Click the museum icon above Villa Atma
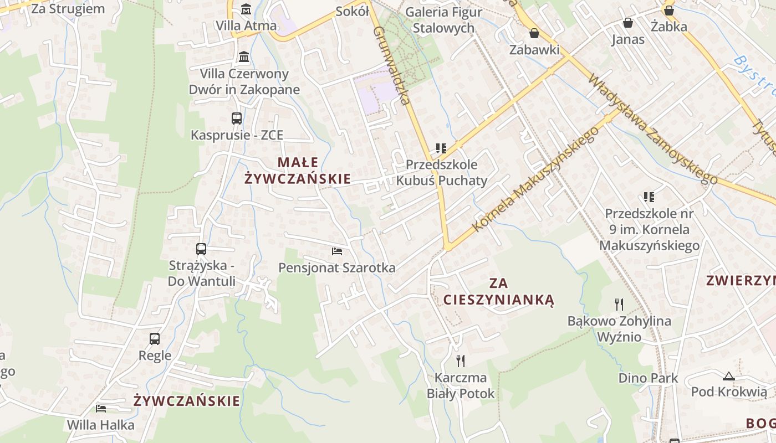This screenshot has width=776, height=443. [x=246, y=9]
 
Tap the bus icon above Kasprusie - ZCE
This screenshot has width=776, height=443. [x=237, y=118]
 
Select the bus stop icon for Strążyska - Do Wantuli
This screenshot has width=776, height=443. [x=201, y=249]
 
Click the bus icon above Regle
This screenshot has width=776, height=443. [x=155, y=338]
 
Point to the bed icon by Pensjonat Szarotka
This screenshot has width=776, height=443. [x=337, y=251]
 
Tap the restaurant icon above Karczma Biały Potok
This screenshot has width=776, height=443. [x=460, y=361]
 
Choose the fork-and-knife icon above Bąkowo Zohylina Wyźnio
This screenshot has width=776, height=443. [x=619, y=304]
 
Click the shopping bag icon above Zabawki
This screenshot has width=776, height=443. [x=534, y=33]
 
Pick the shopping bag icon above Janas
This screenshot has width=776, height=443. [x=628, y=23]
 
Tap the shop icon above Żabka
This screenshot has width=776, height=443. [x=669, y=10]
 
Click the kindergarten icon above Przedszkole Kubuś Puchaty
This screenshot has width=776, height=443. [x=441, y=148]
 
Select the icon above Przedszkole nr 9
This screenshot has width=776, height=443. [x=649, y=197]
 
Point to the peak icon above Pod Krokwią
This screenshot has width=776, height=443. [x=728, y=376]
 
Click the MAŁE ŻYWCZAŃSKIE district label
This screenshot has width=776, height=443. [x=298, y=170]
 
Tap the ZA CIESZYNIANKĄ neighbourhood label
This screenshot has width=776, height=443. [x=498, y=292]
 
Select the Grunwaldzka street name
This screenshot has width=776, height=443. [x=392, y=65]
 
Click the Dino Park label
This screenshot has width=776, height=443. [x=648, y=378]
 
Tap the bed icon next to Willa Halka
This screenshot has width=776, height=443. [x=101, y=409]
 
